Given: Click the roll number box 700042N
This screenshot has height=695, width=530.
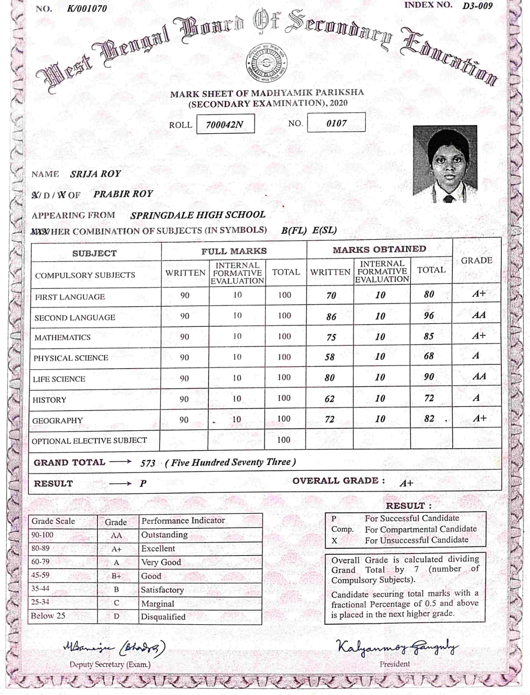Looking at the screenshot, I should pyautogui.click(x=225, y=124).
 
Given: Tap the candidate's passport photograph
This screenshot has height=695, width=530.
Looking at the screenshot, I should pyautogui.click(x=445, y=164).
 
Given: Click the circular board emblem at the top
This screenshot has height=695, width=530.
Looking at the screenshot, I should pyautogui.click(x=265, y=62).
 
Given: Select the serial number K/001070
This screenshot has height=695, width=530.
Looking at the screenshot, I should pyautogui.click(x=87, y=9).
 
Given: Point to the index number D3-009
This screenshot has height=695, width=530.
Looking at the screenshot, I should pyautogui.click(x=477, y=6).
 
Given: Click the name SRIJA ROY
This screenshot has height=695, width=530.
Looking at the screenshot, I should pyautogui.click(x=95, y=174).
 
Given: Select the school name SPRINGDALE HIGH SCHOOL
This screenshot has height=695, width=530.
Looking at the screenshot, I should pyautogui.click(x=197, y=215).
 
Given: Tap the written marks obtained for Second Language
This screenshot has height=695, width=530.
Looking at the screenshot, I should pyautogui.click(x=331, y=317).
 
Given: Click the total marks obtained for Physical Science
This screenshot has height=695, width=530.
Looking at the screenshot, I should pyautogui.click(x=429, y=356).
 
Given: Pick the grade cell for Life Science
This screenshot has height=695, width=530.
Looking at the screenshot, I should pyautogui.click(x=479, y=376).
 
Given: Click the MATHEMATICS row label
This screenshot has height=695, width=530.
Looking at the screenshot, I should pyautogui.click(x=63, y=338).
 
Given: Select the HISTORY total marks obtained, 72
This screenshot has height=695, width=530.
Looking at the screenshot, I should pyautogui.click(x=429, y=398).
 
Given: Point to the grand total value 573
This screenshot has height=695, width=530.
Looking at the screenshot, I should pyautogui.click(x=147, y=463).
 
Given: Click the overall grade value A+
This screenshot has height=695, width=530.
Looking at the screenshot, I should pyautogui.click(x=406, y=483).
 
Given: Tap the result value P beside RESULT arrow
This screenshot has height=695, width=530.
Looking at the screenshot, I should pyautogui.click(x=143, y=483).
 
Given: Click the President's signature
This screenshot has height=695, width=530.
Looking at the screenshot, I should pyautogui.click(x=397, y=647).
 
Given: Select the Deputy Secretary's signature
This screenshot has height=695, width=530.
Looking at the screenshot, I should pyautogui.click(x=114, y=648).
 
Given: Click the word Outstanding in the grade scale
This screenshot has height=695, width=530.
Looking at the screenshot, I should pyautogui.click(x=164, y=535).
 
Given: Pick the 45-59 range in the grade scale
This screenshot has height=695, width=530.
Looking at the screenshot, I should pyautogui.click(x=40, y=575).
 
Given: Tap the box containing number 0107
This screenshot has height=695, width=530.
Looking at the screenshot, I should pyautogui.click(x=336, y=123).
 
